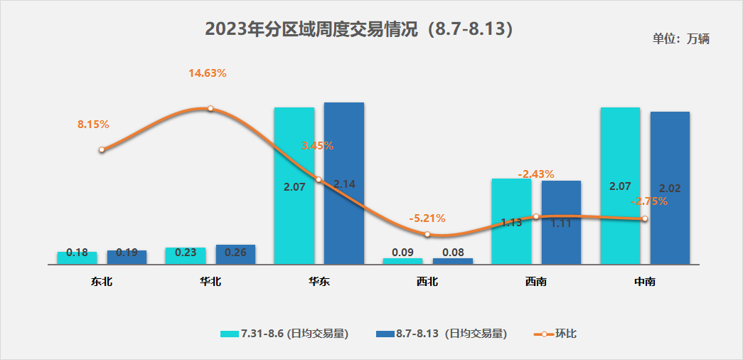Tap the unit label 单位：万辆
click(680, 39)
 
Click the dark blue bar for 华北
click(235, 255)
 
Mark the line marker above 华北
click(210, 108)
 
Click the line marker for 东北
click(102, 150)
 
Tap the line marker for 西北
click(427, 234)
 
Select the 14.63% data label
click(207, 73)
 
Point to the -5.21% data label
click(427, 218)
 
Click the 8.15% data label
click(93, 125)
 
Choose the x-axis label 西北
click(427, 282)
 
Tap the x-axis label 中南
click(644, 282)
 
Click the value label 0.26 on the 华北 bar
click(235, 251)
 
